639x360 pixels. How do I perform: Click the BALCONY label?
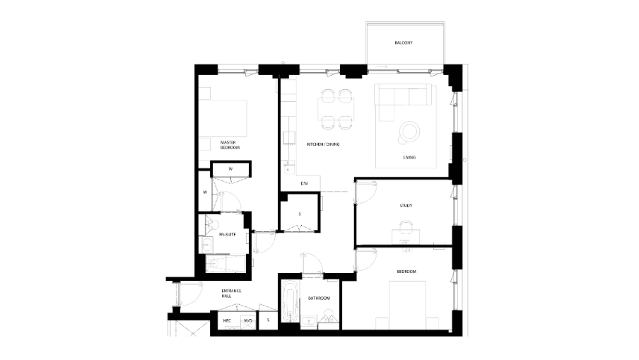click(403, 43)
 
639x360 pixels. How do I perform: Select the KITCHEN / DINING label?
click(323, 144)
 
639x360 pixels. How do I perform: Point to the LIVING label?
click(409, 157)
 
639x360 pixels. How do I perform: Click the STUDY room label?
click(405, 206)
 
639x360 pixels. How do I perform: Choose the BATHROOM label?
click(319, 298)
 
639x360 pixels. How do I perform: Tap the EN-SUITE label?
click(226, 234)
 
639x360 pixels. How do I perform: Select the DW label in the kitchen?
click(304, 184)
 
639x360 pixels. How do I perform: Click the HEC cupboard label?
click(227, 320)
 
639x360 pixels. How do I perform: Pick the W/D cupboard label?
click(247, 320)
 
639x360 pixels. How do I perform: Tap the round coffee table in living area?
click(409, 130)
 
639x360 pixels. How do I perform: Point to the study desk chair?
click(405, 227)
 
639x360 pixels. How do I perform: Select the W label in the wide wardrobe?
click(230, 169)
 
